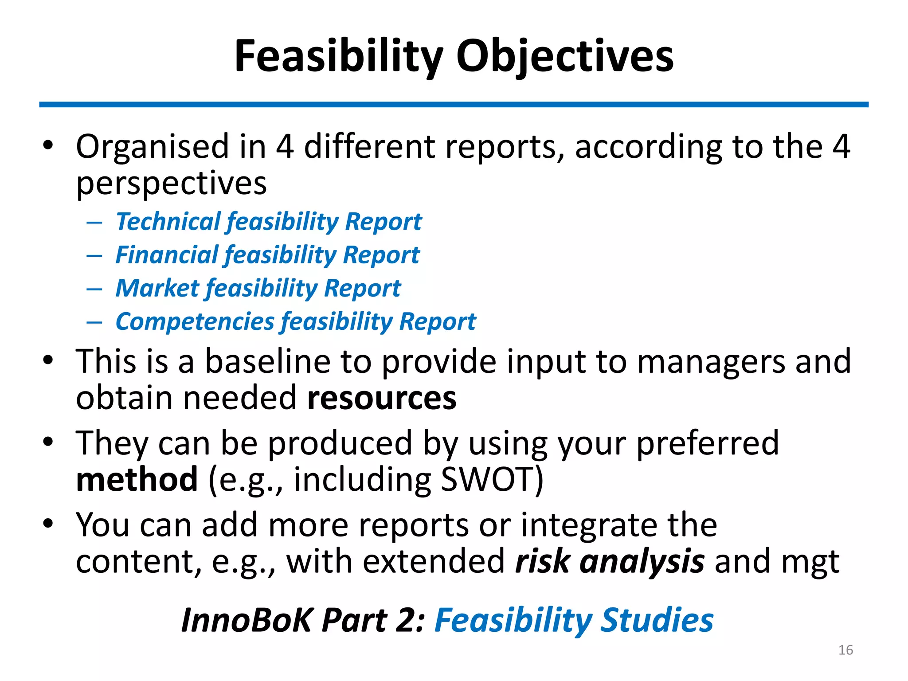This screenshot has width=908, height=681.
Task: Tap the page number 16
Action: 845,650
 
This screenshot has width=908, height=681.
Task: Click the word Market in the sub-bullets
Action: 157,288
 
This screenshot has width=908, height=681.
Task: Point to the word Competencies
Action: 195,321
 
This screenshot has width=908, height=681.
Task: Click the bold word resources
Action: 382,398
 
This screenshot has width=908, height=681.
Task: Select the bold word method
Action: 137,480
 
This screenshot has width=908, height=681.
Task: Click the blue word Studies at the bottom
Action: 657,620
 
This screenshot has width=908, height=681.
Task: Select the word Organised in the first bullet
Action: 152,147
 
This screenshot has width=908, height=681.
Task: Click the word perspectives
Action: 171,184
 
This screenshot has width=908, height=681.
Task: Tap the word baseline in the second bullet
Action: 267,362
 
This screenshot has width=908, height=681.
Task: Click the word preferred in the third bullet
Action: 708,443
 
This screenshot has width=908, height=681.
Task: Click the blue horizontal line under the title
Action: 454,105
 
